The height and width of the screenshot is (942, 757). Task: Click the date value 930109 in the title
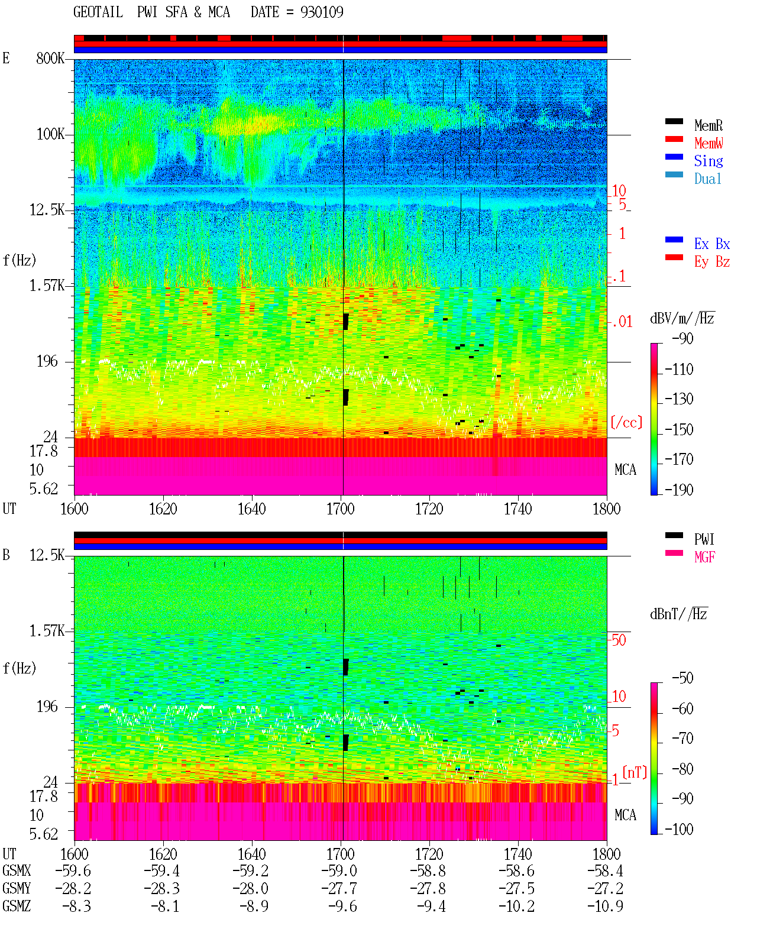(321, 12)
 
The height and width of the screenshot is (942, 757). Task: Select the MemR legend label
(708, 125)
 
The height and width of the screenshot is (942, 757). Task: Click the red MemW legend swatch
(674, 139)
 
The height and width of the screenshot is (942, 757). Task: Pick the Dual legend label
(707, 179)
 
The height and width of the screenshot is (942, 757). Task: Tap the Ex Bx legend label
(711, 244)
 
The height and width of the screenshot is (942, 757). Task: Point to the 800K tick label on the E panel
(50, 58)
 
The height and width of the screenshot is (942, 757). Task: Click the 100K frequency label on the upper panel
(50, 134)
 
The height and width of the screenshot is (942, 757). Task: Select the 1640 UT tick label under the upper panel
(252, 509)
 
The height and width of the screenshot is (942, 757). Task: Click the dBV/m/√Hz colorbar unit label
(682, 318)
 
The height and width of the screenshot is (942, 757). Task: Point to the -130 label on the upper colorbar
(678, 399)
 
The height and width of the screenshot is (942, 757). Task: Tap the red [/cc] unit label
(626, 422)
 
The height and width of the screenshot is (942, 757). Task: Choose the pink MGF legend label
(704, 557)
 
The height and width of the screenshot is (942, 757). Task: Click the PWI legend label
(704, 539)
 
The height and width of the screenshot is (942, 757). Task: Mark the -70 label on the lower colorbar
(682, 738)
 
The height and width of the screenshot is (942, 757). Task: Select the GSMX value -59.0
(339, 870)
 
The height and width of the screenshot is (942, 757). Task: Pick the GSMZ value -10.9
(605, 906)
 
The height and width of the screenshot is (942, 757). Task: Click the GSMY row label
(17, 888)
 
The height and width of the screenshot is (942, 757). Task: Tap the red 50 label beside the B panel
(619, 640)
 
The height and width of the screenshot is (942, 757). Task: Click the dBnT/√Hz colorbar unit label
(678, 614)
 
